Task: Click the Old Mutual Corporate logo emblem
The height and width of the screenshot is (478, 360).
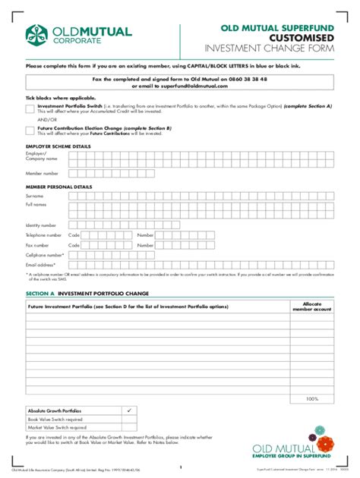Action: tap(38, 33)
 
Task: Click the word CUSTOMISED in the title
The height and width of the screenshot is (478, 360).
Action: tap(303, 37)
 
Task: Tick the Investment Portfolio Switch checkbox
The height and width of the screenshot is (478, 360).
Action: tap(30, 108)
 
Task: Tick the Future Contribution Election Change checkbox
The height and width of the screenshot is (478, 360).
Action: tap(30, 131)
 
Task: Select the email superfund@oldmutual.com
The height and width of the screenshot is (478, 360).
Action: tap(197, 86)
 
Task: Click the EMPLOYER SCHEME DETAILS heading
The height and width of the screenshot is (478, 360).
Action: tap(58, 145)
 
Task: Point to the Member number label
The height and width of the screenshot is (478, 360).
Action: tap(42, 174)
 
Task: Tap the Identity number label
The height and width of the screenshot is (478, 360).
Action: tap(41, 225)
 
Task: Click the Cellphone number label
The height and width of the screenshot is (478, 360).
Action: tap(44, 255)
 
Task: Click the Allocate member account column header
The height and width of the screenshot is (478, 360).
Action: tap(311, 306)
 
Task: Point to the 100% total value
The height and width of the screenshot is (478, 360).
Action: tap(311, 399)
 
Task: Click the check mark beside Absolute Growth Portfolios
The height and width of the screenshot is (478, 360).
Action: tap(128, 410)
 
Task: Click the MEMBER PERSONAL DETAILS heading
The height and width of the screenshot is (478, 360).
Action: tap(58, 186)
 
